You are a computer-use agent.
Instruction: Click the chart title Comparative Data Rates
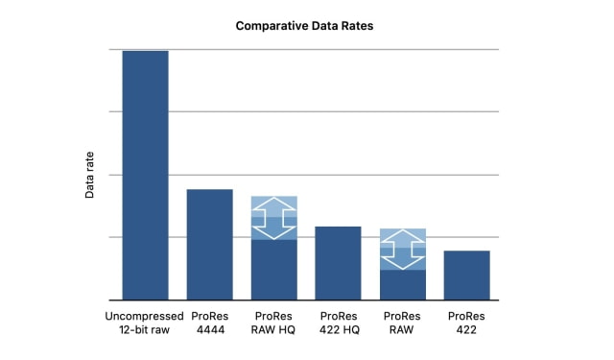tap(304, 26)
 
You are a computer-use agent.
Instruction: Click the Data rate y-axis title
tap(90, 179)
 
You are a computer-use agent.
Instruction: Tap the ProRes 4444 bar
tap(209, 244)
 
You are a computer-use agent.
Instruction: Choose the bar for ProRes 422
tap(466, 275)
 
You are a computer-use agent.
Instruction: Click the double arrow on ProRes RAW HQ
tap(274, 218)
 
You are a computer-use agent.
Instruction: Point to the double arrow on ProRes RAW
tap(402, 250)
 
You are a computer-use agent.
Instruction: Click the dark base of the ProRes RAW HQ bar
tap(274, 269)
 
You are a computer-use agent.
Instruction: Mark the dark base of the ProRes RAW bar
tap(402, 284)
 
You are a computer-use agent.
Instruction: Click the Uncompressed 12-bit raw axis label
tap(145, 323)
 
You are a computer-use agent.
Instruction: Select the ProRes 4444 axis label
tap(209, 323)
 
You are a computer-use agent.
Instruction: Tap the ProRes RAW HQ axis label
tap(274, 323)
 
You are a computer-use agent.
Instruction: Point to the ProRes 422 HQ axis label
tap(338, 323)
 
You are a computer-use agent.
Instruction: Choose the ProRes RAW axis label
tap(402, 323)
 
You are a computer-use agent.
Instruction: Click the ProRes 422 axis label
tap(466, 323)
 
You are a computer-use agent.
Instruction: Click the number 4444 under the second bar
tap(209, 330)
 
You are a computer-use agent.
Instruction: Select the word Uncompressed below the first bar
tap(145, 315)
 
